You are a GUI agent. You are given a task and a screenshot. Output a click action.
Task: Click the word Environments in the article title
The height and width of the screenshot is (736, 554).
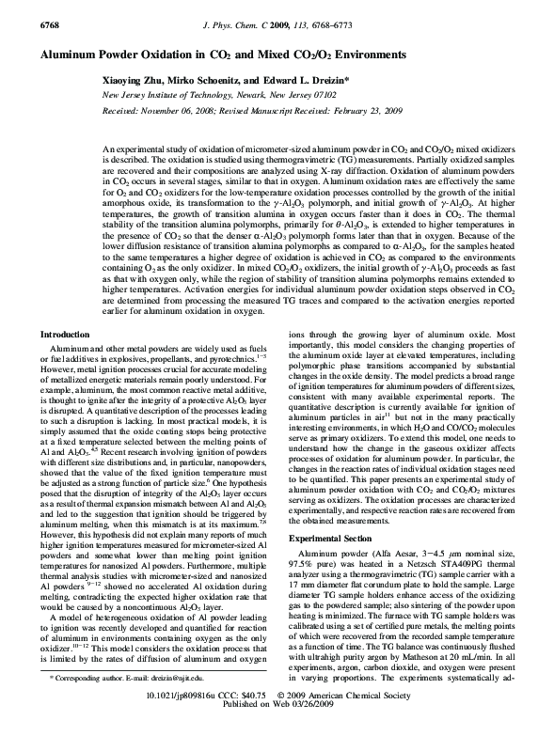365,56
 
